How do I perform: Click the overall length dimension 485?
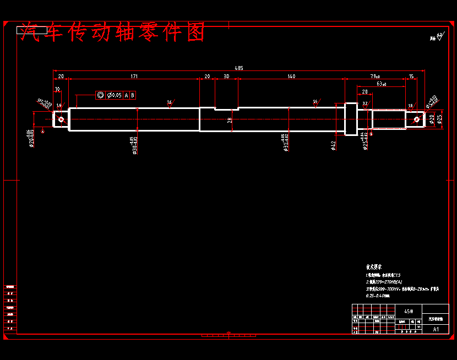239,68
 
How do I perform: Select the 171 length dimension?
134,76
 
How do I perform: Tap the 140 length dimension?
291,76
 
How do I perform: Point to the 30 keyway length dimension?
226,76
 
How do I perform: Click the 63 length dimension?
380,84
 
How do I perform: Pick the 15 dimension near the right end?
411,76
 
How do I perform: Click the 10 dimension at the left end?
57,89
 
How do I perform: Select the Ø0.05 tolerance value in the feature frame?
115,95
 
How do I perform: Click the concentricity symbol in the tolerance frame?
101,95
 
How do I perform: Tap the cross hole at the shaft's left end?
61,118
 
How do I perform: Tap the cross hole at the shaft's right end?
416,118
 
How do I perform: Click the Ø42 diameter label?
333,145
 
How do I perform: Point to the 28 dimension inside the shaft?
230,119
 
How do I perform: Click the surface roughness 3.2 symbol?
365,103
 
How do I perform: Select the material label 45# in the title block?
408,311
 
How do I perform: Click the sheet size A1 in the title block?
436,329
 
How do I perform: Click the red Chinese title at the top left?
112,33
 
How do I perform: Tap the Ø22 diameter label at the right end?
432,118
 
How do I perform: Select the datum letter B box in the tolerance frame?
132,95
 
